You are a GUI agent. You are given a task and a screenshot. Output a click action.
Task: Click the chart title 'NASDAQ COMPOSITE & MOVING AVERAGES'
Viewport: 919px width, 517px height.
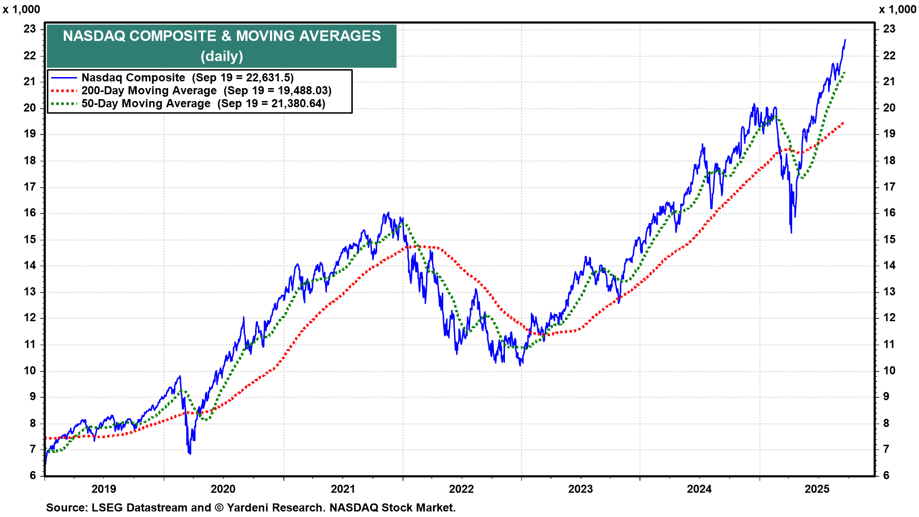(222, 36)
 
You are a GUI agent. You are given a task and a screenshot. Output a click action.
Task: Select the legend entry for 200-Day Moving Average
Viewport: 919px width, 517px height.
(149, 90)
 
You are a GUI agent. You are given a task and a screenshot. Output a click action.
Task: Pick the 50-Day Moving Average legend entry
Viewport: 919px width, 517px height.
(146, 103)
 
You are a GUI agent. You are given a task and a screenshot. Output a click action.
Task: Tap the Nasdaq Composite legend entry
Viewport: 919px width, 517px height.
(133, 78)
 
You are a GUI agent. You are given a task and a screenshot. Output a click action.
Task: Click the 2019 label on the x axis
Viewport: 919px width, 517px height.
(103, 489)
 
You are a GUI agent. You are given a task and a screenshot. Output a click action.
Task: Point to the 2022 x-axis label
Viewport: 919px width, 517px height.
(461, 489)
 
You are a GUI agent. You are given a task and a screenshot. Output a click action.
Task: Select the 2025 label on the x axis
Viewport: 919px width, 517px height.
(817, 489)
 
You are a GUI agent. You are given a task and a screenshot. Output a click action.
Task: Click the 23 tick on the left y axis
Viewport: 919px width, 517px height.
(30, 29)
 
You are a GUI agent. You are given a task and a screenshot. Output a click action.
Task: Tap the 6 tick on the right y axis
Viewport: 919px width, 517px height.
(886, 475)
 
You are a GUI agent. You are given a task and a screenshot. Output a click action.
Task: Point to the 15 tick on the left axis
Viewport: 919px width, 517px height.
(30, 239)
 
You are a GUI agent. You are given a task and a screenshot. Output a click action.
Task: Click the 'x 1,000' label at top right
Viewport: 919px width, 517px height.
(897, 10)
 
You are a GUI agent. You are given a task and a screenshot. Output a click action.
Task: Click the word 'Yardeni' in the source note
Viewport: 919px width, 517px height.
(247, 507)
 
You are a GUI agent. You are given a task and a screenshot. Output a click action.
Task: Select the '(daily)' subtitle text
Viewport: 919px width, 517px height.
(222, 56)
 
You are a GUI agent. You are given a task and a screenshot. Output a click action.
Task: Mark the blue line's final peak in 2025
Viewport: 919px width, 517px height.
(845, 40)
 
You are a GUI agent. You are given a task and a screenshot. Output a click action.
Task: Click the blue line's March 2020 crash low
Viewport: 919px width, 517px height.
(190, 453)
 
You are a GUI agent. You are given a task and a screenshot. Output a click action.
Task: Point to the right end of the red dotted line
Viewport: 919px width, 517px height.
(843, 123)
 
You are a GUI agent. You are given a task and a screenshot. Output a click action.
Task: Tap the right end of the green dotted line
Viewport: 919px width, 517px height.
(844, 72)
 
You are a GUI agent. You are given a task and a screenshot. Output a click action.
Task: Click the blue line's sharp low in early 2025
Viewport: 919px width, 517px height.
(791, 233)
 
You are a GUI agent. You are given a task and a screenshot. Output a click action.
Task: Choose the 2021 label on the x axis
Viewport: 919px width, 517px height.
(343, 489)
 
